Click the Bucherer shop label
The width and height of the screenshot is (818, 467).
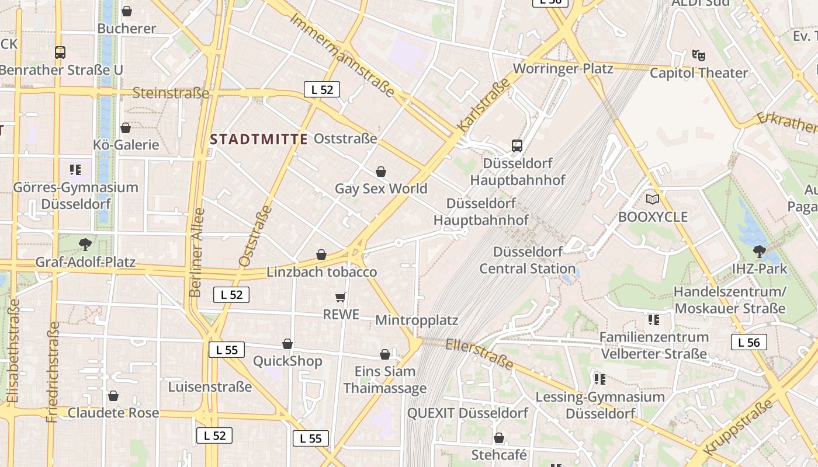[x=127, y=28]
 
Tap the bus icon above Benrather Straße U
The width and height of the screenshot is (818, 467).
[x=60, y=53]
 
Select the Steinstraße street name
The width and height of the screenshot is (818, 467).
[x=171, y=93]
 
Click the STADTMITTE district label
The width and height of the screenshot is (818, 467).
[x=259, y=139]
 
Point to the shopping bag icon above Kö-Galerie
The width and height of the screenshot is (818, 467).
[x=126, y=127]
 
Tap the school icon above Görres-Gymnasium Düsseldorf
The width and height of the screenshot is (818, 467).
[x=75, y=170]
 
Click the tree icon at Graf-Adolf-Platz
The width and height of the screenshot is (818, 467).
[x=85, y=244]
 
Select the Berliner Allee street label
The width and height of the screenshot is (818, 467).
[x=197, y=252]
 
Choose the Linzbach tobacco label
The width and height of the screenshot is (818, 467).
[x=322, y=272]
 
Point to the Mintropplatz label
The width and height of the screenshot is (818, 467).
[x=417, y=320]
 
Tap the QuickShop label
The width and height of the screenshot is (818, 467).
[x=287, y=361]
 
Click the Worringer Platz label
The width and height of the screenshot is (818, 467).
[x=563, y=68]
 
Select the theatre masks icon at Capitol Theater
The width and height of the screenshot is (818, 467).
[x=699, y=55]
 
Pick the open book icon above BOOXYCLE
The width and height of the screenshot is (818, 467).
[x=653, y=199]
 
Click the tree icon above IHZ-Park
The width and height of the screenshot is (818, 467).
[x=759, y=252]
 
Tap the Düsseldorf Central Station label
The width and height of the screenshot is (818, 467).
[x=528, y=260]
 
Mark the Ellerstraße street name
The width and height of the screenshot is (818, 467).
[x=480, y=354]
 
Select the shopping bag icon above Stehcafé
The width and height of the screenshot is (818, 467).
[x=499, y=438]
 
